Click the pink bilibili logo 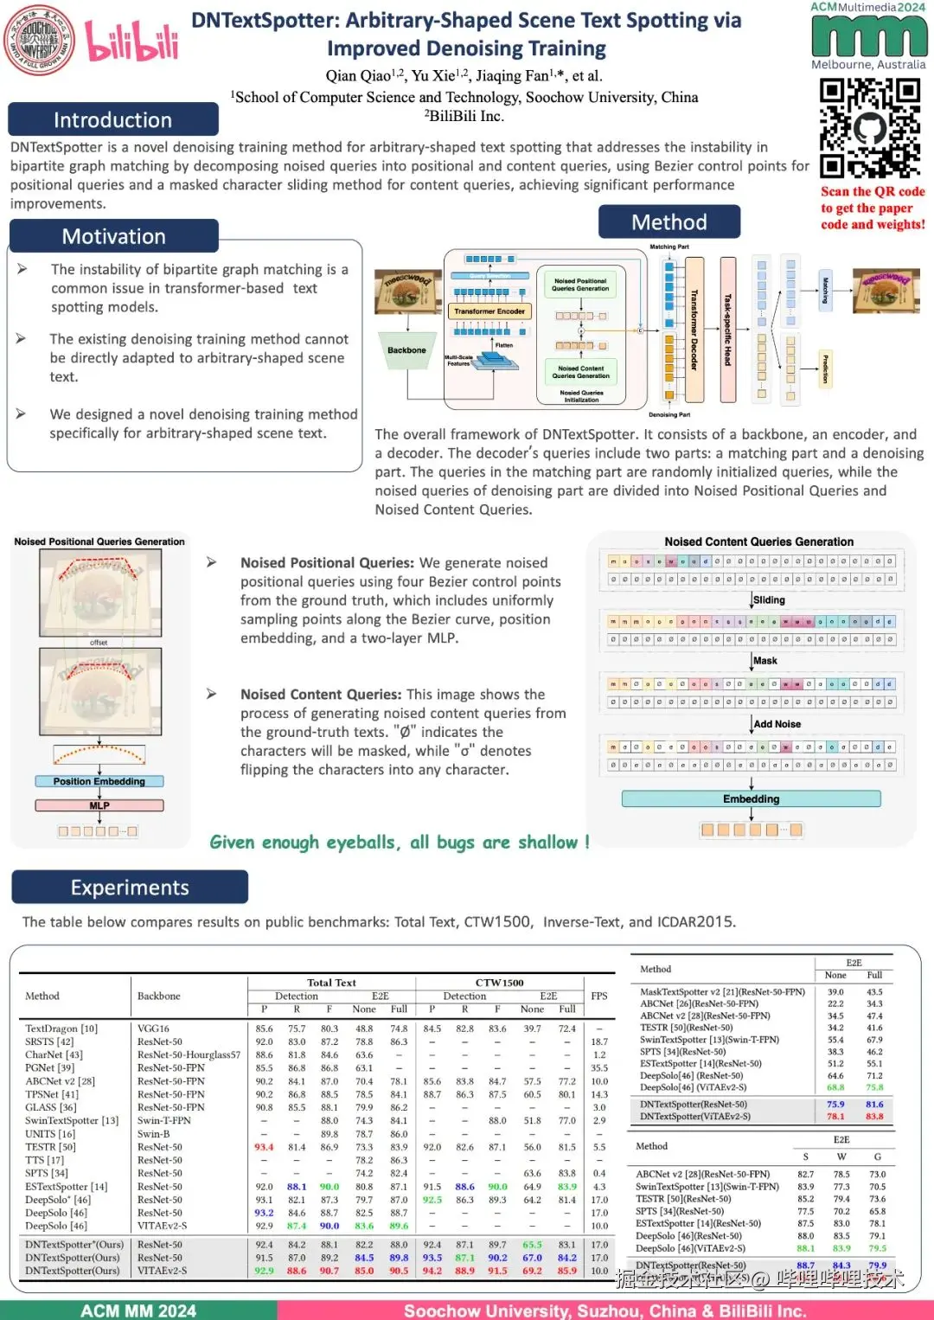click(131, 41)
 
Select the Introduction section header click(112, 119)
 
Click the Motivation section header click(113, 236)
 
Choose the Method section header click(669, 222)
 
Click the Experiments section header click(130, 887)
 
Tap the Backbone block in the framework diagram click(406, 351)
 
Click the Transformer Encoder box click(489, 311)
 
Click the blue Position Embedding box click(99, 781)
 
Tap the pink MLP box click(99, 805)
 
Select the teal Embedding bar click(751, 799)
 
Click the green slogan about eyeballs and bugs click(400, 843)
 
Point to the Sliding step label click(769, 599)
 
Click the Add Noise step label click(777, 724)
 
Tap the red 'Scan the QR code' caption click(873, 208)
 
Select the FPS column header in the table click(599, 996)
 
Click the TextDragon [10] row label click(61, 1028)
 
